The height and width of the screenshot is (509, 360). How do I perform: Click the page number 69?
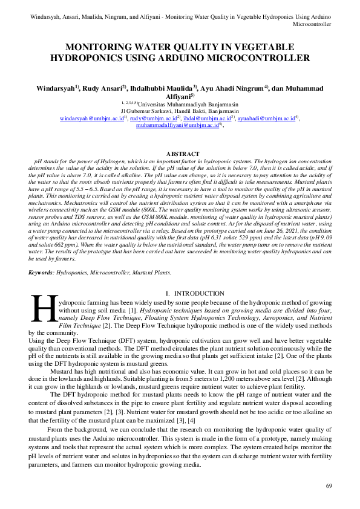329,486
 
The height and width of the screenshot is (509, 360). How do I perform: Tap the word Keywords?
41,273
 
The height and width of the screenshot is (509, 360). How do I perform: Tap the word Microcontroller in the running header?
312,25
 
